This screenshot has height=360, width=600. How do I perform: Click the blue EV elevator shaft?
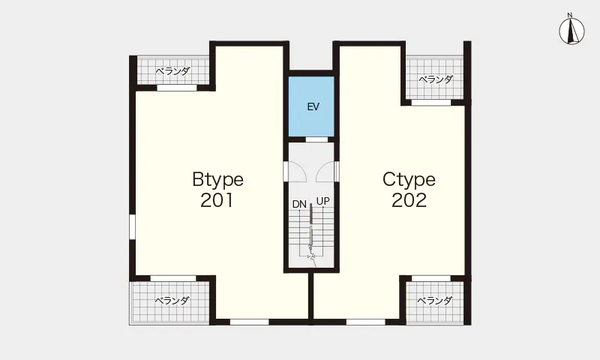point(311,106)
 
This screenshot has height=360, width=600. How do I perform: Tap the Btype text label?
point(217,180)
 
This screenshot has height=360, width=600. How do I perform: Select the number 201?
point(217,200)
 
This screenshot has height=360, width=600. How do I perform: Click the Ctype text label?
point(409,180)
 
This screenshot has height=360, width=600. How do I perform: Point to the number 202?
point(409,200)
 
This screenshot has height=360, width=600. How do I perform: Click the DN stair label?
point(299,204)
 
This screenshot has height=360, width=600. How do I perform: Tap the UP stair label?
point(323,201)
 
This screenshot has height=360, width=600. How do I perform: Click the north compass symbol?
point(571,31)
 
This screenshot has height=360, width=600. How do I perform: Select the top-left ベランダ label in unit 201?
point(173,70)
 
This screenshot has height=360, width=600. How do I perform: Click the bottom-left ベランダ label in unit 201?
point(172,301)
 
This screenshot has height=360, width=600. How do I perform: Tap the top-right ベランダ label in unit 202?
point(436,79)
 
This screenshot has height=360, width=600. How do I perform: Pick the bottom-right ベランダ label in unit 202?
point(435,301)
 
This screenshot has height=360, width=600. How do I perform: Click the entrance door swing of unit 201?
point(296,172)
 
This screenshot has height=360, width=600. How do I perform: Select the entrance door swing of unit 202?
point(325,172)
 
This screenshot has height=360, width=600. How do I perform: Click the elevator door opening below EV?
point(316,139)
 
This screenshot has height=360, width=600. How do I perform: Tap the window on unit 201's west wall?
point(132,226)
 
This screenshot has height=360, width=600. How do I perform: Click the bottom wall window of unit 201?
point(250,322)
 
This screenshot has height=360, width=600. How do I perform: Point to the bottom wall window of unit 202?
point(366,322)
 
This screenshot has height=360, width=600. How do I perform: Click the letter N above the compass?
point(570,15)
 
